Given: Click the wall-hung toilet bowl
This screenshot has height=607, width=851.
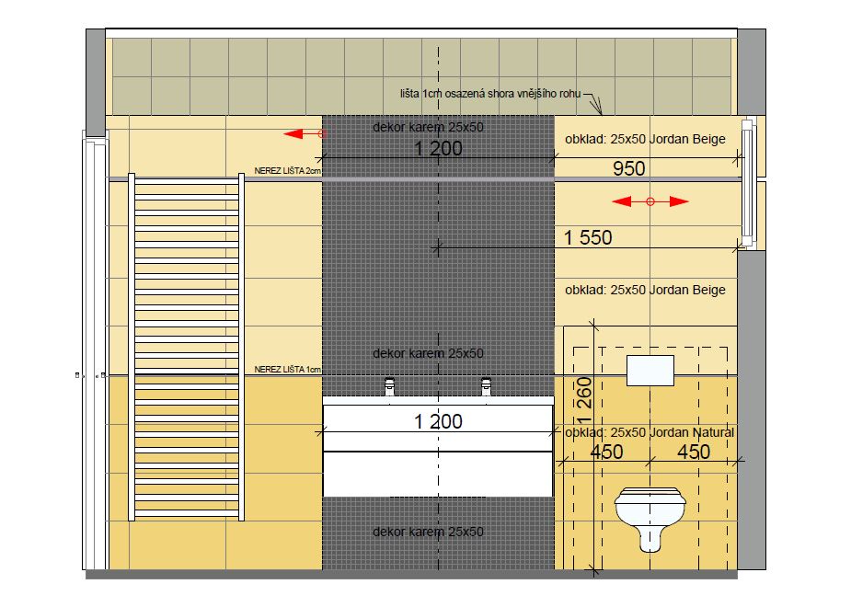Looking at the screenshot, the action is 650,518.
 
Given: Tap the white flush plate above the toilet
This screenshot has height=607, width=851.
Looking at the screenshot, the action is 650,371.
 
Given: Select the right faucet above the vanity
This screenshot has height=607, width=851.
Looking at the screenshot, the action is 487,386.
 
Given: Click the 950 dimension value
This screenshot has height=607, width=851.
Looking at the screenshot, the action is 629,168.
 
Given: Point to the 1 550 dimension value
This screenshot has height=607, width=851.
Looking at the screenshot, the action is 588,237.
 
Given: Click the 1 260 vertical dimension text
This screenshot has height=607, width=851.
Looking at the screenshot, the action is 584,400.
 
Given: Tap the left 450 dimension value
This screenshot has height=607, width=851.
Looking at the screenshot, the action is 606,452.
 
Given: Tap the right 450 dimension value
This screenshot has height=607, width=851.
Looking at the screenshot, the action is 694,452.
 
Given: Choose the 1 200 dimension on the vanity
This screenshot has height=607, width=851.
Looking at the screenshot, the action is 438,421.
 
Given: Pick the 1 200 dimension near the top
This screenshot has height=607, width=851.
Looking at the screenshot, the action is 438,149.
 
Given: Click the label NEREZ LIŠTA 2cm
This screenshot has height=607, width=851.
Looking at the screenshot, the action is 288,171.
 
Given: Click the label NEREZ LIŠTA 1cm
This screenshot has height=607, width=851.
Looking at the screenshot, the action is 288,370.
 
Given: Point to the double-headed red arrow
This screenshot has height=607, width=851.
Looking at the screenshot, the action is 650,201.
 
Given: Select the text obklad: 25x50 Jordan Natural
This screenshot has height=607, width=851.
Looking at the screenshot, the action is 650,433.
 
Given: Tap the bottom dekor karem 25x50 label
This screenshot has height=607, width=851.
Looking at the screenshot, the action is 428,532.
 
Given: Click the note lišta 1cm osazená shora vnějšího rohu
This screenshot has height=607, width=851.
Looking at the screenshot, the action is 490,93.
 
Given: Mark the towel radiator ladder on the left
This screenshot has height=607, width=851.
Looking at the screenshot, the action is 186,347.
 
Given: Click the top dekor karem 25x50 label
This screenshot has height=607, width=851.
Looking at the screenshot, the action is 428,127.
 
